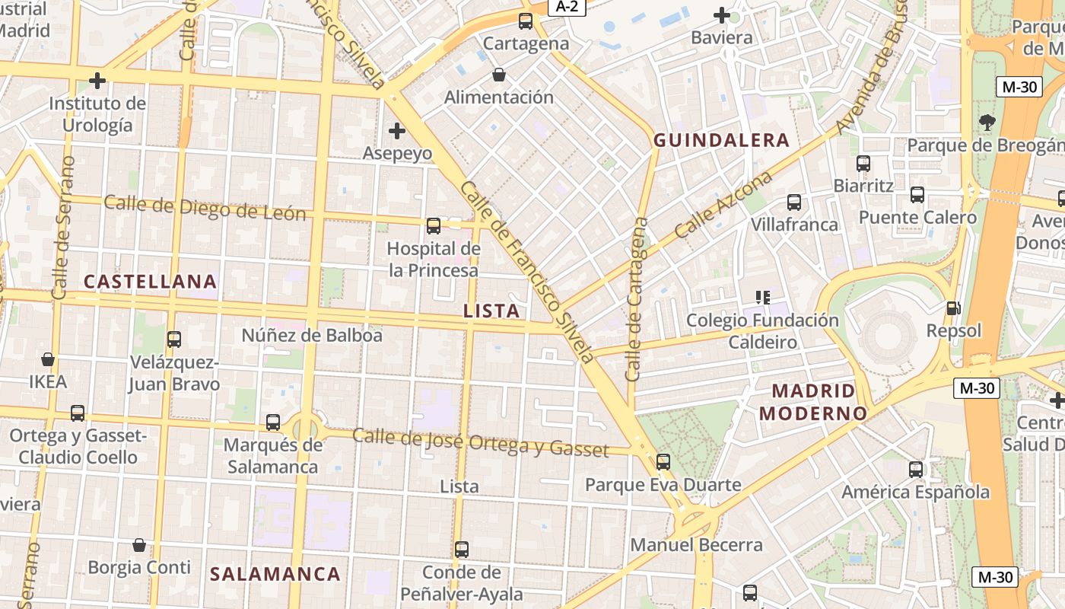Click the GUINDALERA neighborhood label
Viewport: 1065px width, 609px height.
(x=721, y=140)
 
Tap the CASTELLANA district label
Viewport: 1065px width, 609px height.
(x=150, y=281)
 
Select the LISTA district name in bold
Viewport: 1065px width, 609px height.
(x=491, y=311)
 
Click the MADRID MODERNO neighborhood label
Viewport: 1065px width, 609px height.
(x=813, y=402)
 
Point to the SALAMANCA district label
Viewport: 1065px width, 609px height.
(x=275, y=574)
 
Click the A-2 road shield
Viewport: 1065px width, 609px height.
(x=567, y=7)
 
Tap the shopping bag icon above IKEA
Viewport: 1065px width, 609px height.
(x=48, y=359)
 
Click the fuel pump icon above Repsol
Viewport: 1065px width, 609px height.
(x=953, y=308)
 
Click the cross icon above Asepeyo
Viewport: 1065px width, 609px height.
(x=396, y=131)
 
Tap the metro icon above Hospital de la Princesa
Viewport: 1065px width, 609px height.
(x=433, y=225)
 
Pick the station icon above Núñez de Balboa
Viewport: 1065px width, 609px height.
(x=174, y=339)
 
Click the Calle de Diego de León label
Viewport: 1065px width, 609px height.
(x=205, y=208)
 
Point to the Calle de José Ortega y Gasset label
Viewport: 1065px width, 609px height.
(x=480, y=443)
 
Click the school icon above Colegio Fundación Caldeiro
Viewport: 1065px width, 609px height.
(x=763, y=297)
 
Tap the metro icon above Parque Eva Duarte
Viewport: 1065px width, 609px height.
(x=663, y=461)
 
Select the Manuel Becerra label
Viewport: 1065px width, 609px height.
(x=696, y=545)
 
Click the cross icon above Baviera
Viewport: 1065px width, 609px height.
(x=721, y=14)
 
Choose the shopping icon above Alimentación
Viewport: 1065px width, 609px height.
(x=499, y=75)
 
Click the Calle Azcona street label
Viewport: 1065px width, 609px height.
(x=723, y=204)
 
